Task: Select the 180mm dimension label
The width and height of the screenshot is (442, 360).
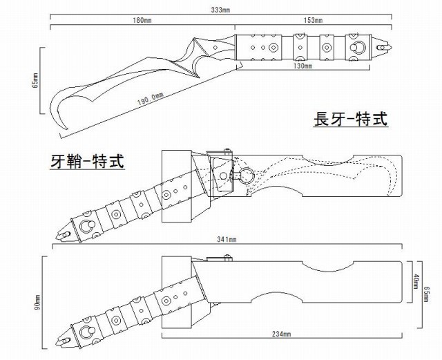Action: click(142, 21)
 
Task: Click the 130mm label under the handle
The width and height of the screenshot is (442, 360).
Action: click(302, 68)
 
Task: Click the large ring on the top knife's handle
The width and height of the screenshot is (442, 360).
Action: click(359, 47)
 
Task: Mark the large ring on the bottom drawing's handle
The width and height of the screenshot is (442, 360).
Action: click(88, 332)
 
